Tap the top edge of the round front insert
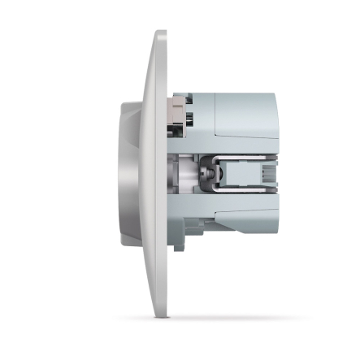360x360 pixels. tap(130, 102)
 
